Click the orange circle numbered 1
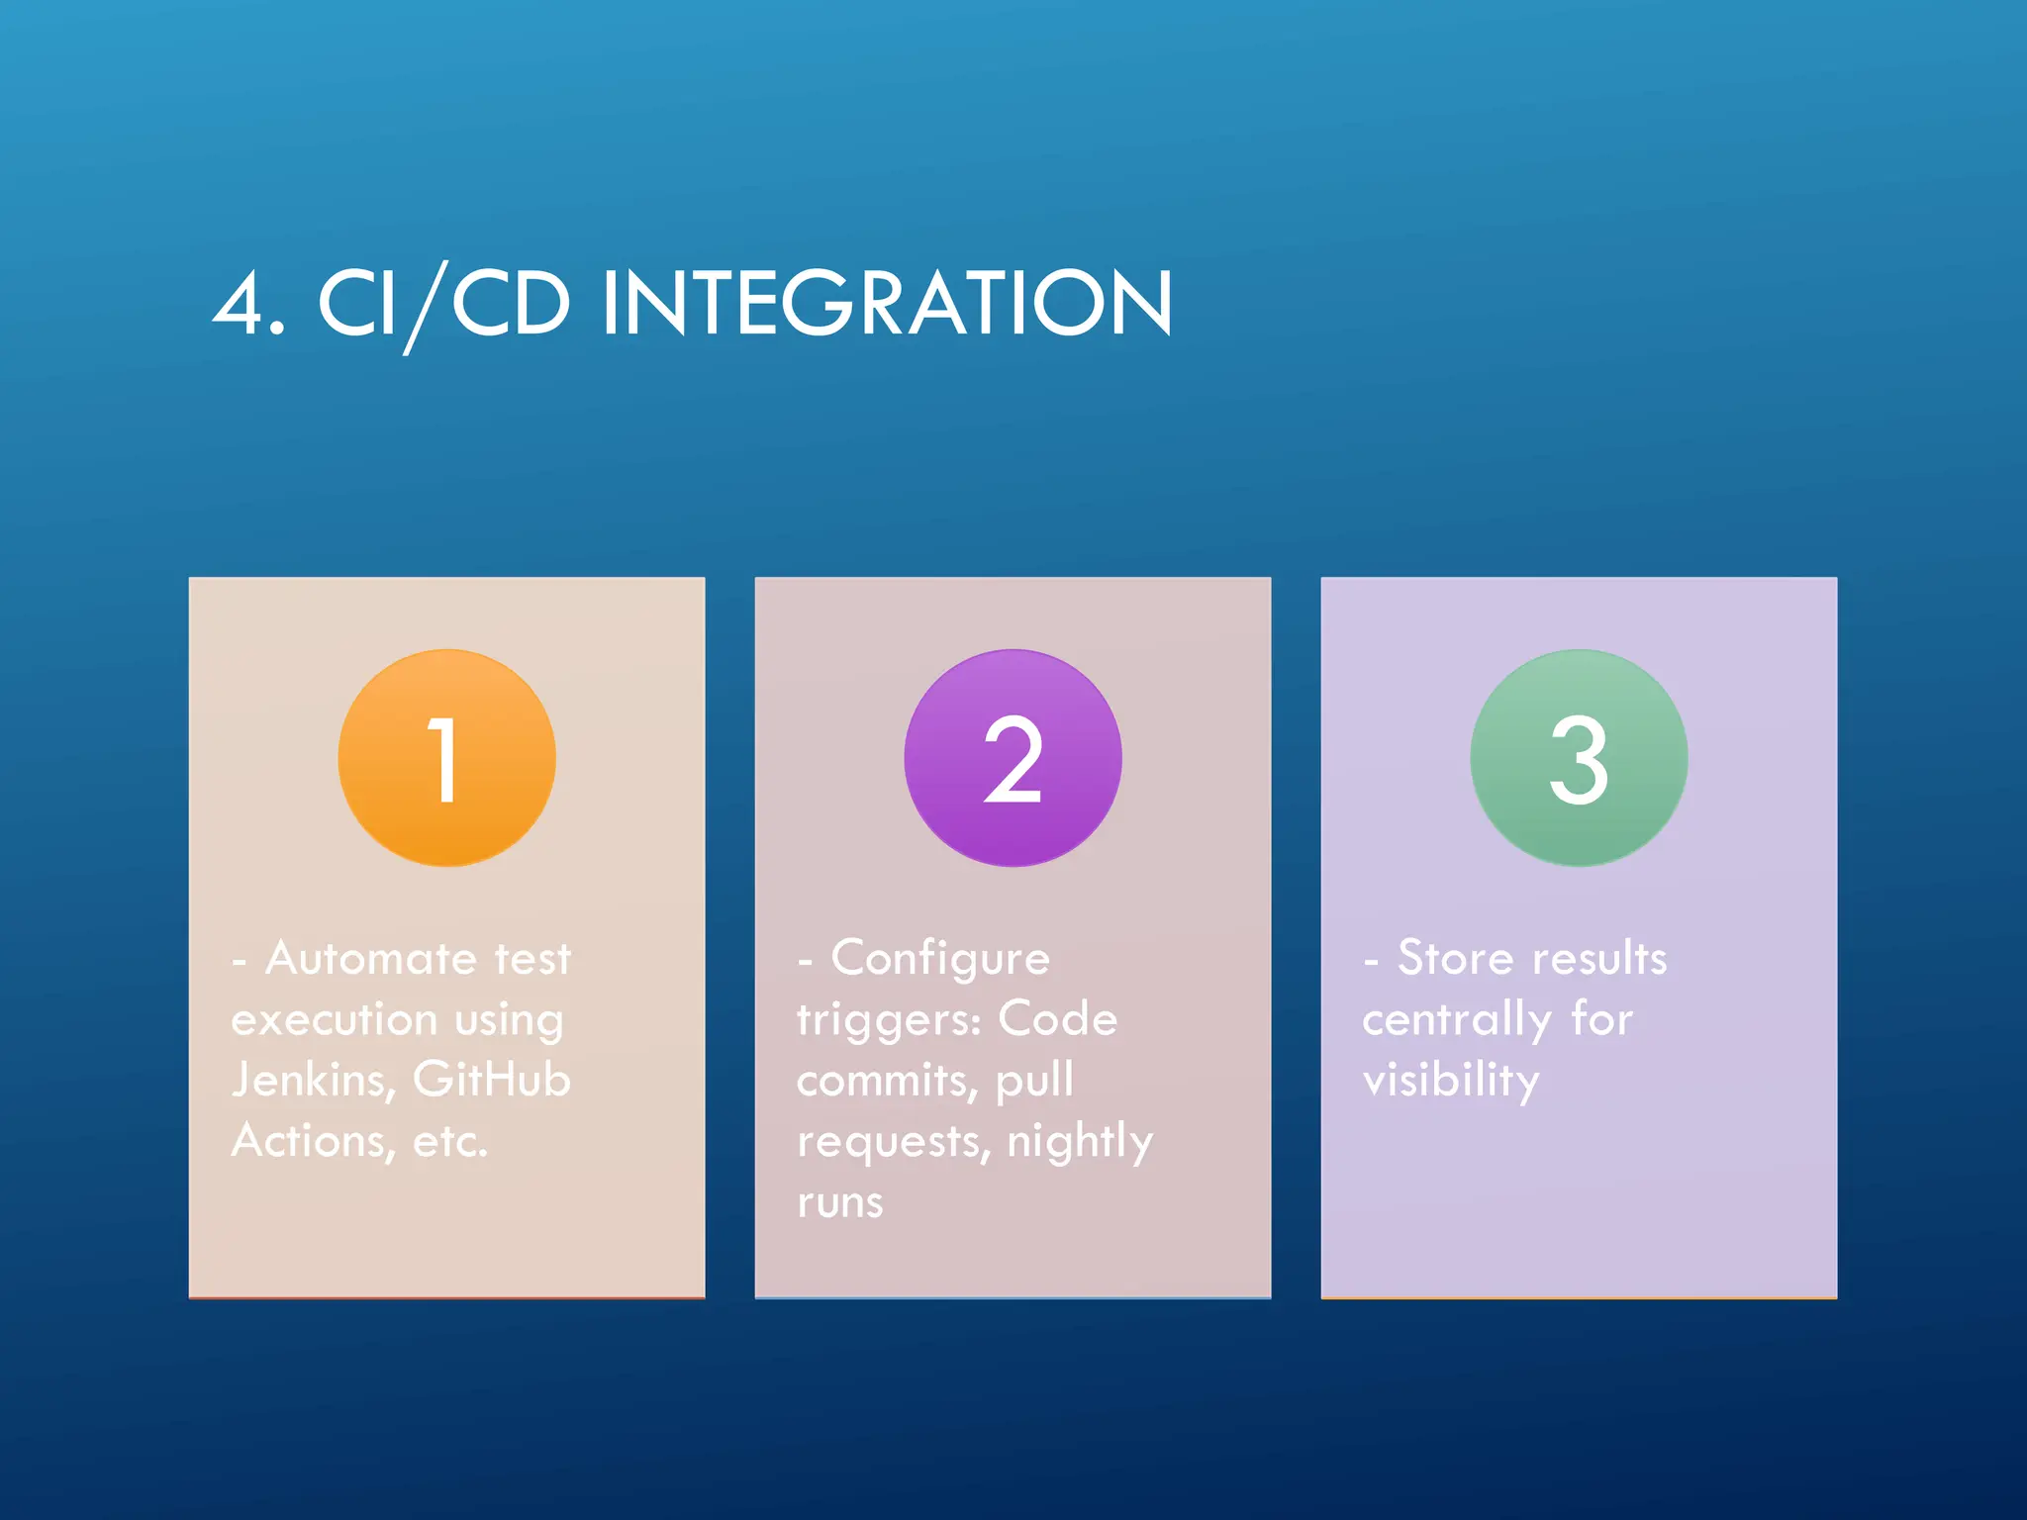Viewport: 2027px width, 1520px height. [446, 758]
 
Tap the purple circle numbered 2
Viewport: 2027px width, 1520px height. [1013, 758]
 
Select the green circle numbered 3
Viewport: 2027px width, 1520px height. [1579, 758]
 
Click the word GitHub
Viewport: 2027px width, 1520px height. [492, 1080]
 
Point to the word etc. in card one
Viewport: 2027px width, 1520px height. [450, 1141]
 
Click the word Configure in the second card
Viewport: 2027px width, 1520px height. [940, 958]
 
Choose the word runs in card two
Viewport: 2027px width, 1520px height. [839, 1203]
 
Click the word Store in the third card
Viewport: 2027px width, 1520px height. [1455, 958]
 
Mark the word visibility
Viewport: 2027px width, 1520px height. [1451, 1081]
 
